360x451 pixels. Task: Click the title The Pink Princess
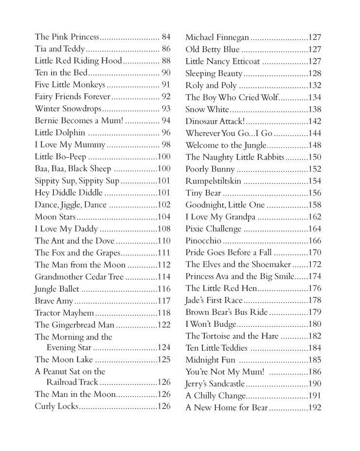pos(67,37)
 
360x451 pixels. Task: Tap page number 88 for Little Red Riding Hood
pos(165,61)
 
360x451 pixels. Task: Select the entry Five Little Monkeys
pos(70,85)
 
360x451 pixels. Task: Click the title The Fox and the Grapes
pos(77,253)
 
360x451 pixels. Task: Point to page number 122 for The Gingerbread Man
pos(164,325)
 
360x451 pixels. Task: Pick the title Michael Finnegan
pos(218,37)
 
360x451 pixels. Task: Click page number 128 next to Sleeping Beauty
pos(315,73)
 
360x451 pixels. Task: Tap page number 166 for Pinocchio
pos(315,240)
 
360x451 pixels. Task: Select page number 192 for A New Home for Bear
pos(315,408)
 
